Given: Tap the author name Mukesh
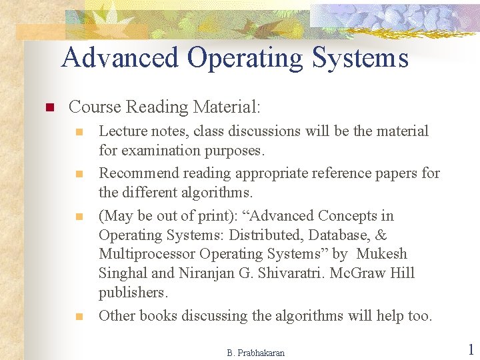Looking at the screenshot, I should [381, 254].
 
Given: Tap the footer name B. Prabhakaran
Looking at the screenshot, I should [255, 353].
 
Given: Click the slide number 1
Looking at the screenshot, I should [470, 350].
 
